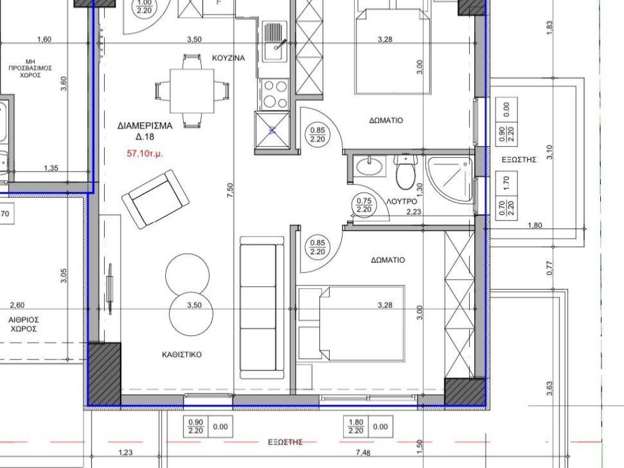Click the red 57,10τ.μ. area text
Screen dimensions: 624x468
click(x=144, y=153)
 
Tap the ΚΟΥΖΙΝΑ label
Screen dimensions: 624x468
click(x=229, y=58)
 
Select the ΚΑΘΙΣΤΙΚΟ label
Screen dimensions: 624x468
click(x=182, y=354)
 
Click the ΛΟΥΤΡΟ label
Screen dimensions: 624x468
click(x=402, y=201)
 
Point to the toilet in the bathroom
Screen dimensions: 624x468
click(x=405, y=171)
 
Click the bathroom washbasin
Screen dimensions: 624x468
click(x=370, y=166)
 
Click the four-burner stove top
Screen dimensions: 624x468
click(x=274, y=94)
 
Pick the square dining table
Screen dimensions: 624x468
click(x=192, y=91)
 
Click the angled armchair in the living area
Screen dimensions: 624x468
click(x=155, y=199)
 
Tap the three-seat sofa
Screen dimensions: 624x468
click(x=262, y=307)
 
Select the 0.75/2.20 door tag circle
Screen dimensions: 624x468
click(x=364, y=205)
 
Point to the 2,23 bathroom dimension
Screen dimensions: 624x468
click(x=414, y=212)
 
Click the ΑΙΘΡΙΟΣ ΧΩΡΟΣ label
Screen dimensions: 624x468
click(x=24, y=324)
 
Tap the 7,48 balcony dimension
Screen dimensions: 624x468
click(x=363, y=452)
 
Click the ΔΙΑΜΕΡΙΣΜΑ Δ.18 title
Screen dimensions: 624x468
click(x=145, y=132)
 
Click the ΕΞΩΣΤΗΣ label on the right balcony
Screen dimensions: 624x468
click(x=519, y=160)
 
